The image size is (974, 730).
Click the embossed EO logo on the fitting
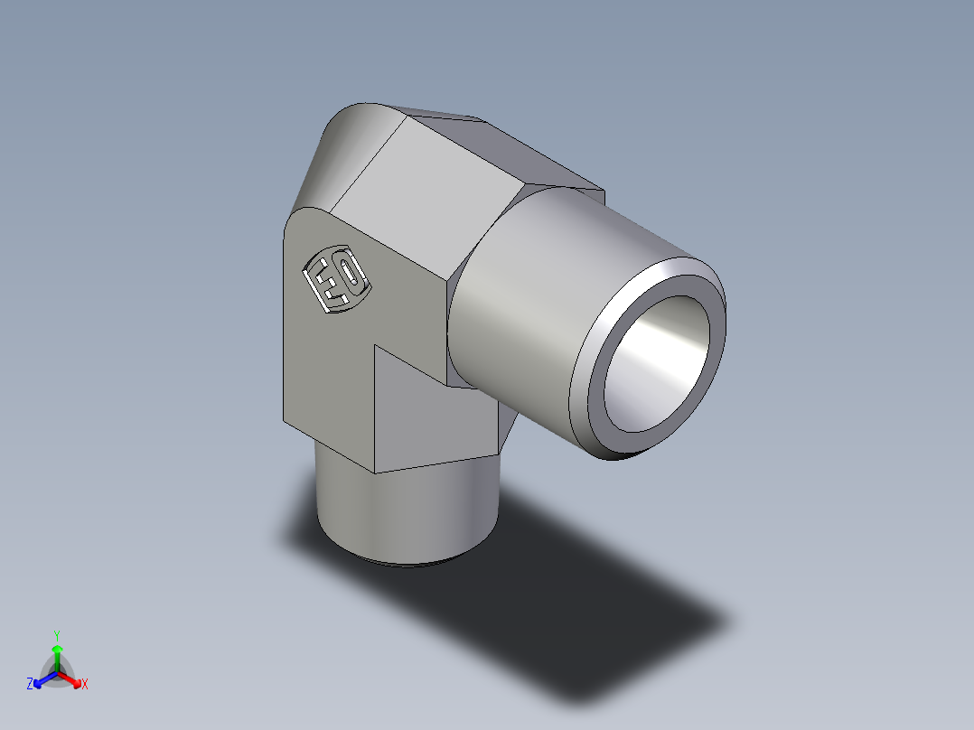(335, 280)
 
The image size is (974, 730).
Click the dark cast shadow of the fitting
(587, 587)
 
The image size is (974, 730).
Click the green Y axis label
(56, 635)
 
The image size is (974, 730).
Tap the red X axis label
(85, 685)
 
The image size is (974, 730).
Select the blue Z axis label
(30, 685)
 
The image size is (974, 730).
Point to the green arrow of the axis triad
(56, 655)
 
